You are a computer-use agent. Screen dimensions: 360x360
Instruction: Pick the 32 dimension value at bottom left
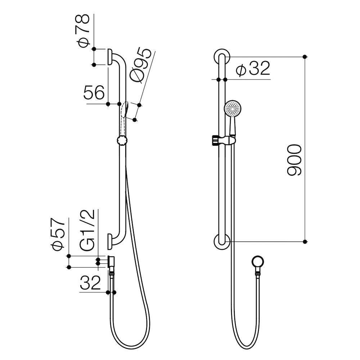coord(90,283)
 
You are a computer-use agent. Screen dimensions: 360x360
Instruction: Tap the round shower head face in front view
coord(233,108)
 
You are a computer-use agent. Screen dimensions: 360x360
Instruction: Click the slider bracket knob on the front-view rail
coord(215,140)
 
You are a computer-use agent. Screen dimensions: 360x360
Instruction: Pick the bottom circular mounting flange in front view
coord(222,241)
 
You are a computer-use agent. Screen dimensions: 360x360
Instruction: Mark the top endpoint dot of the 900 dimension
coord(305,57)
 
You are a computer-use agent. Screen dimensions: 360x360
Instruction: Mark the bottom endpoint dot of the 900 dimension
coord(305,241)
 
